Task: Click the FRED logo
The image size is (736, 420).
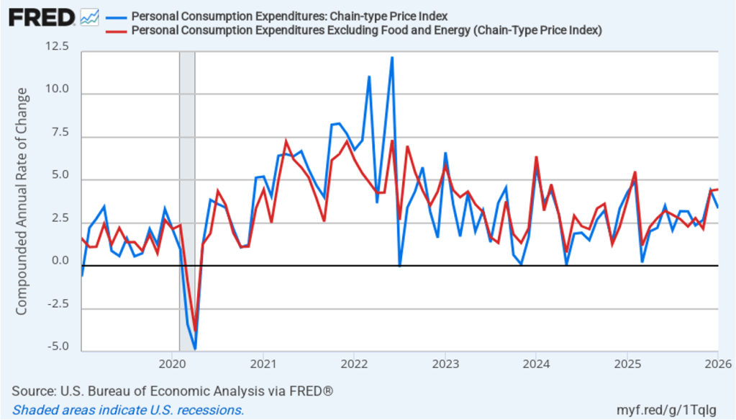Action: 41,17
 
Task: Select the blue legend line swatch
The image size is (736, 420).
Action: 115,17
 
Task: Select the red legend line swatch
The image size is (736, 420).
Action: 115,30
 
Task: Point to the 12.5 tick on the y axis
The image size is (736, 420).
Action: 58,47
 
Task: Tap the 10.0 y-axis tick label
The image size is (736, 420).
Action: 58,89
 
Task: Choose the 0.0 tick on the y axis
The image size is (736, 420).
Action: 60,261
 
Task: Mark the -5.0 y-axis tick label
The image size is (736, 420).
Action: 59,347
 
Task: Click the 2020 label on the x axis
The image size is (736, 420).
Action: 173,362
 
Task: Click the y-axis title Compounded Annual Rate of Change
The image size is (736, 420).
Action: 22,202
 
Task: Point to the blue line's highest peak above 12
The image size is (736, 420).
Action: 391,58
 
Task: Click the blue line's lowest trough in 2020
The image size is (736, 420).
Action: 194,349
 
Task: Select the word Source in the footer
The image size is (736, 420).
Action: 31,391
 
